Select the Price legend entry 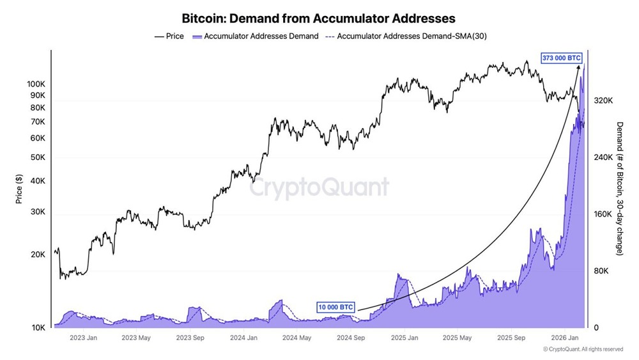169,36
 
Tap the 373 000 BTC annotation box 562,58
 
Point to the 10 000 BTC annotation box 335,307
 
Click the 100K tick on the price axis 36,84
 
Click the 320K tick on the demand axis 604,101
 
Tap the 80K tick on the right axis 602,271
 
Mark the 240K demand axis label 604,157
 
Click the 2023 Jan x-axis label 83,338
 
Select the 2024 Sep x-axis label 350,338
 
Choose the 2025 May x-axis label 457,338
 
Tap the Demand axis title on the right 619,189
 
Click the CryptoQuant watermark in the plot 318,188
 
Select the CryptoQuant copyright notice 583,350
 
